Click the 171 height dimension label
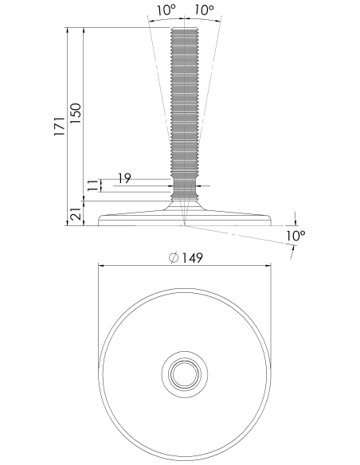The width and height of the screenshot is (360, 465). (x=59, y=127)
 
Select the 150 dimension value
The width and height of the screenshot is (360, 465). (x=76, y=114)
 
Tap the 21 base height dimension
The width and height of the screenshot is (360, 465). (x=76, y=214)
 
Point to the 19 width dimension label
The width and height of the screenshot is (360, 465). (x=124, y=178)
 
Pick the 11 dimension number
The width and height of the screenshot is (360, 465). (x=92, y=186)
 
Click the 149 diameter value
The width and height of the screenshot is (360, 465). (x=192, y=258)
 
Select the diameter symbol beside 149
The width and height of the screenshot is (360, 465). (x=174, y=257)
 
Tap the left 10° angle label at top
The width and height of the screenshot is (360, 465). (x=166, y=10)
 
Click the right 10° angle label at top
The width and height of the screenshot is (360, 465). (x=204, y=10)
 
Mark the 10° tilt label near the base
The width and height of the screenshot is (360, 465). (x=295, y=236)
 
